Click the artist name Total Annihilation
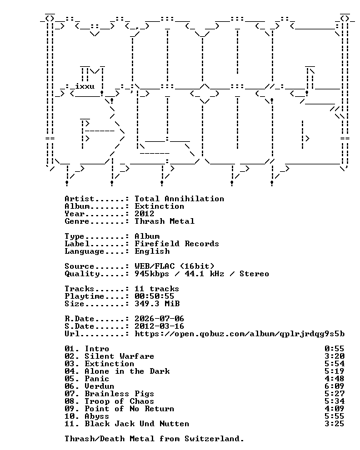tap(179, 199)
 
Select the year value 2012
tap(144, 214)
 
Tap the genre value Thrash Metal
tap(164, 221)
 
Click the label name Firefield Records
tap(177, 244)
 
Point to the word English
tap(152, 251)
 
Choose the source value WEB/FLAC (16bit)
tap(174, 266)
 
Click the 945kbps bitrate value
tap(152, 274)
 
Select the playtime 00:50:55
tap(154, 296)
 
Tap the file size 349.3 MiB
tap(157, 304)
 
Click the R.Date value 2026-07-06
tap(159, 319)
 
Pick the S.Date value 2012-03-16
tap(159, 326)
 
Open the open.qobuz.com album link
tap(239, 334)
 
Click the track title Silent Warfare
tap(119, 356)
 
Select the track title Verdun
tap(99, 386)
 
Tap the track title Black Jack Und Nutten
tap(137, 424)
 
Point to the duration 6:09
tap(334, 386)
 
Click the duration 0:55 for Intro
tap(334, 349)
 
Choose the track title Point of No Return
tap(129, 409)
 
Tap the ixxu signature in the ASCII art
tap(85, 86)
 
